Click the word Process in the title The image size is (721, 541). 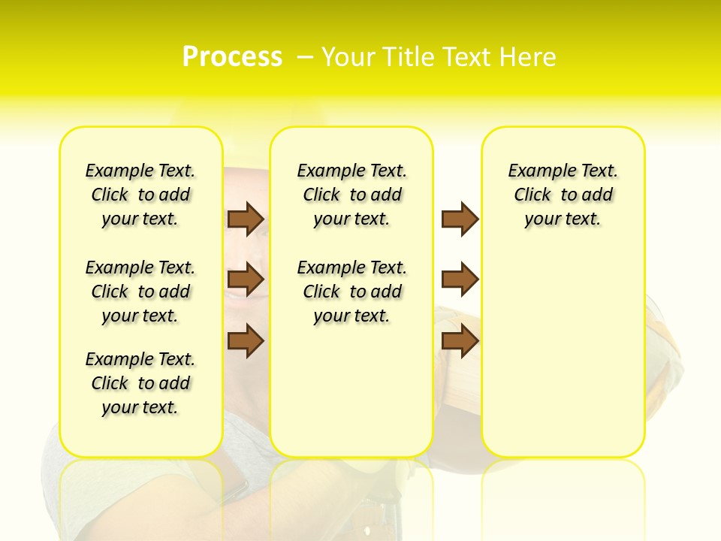click(232, 56)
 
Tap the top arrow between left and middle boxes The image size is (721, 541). click(246, 219)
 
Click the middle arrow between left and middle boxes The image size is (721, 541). click(246, 280)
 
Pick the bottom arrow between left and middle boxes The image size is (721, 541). click(246, 340)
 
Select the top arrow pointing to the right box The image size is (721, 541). click(460, 219)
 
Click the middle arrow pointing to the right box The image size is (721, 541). click(460, 280)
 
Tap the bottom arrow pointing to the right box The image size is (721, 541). click(460, 340)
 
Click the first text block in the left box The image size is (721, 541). click(140, 195)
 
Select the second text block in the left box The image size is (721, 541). click(140, 292)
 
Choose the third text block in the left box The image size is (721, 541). click(140, 383)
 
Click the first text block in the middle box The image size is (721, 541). click(351, 195)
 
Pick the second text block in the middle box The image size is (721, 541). click(351, 292)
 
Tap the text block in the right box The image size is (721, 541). click(563, 195)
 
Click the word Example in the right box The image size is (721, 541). click(537, 171)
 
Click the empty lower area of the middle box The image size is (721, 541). click(351, 391)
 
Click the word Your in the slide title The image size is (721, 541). click(348, 56)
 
